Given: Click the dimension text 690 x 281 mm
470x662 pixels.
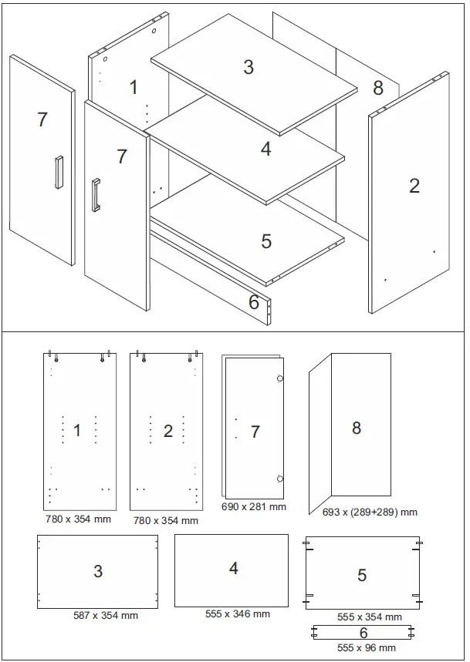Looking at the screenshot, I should click(253, 507).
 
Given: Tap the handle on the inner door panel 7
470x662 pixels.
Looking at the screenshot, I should click(96, 194).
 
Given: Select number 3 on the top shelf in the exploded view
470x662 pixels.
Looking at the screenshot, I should click(248, 67).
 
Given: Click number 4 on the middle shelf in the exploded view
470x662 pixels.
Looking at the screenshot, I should click(265, 149).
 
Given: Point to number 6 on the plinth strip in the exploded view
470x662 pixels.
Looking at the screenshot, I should click(254, 302).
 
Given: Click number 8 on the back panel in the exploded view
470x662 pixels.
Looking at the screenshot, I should click(377, 88).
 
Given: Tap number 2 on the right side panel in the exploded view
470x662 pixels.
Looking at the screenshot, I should click(414, 185).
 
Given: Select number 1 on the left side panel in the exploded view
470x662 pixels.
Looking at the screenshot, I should click(133, 87).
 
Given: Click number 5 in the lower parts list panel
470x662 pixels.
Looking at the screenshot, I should click(362, 575).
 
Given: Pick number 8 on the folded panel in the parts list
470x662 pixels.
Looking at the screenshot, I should click(356, 428).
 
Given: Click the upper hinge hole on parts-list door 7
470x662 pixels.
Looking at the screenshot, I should click(279, 378).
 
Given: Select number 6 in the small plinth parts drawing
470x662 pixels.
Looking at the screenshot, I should click(363, 632).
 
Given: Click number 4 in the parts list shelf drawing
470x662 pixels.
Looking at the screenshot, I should click(233, 568).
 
